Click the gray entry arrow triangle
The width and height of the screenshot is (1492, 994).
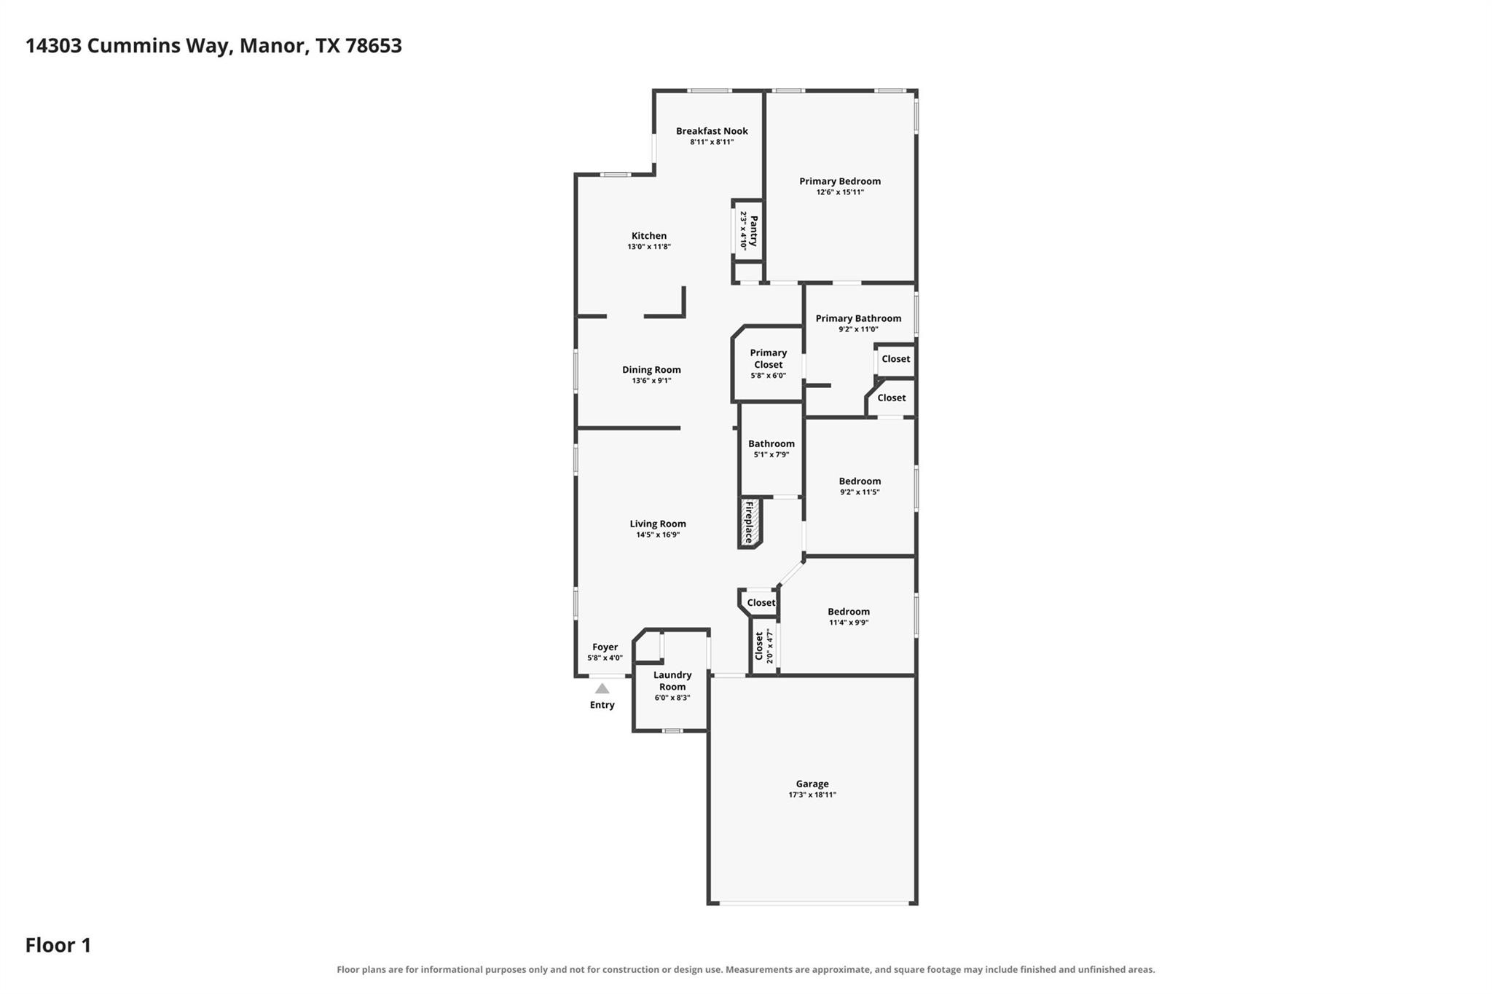pyautogui.click(x=602, y=688)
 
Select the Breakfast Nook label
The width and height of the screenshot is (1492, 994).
pyautogui.click(x=712, y=131)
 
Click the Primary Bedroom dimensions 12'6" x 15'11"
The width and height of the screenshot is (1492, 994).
pyautogui.click(x=840, y=192)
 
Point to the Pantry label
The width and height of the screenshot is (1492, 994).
pyautogui.click(x=754, y=230)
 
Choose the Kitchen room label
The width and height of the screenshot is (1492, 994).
pyautogui.click(x=648, y=236)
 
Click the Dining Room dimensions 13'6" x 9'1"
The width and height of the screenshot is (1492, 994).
pyautogui.click(x=651, y=381)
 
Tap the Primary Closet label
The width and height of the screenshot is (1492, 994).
pyautogui.click(x=769, y=359)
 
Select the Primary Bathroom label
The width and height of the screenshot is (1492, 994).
pyautogui.click(x=858, y=318)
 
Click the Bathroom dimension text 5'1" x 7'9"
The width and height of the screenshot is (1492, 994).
pyautogui.click(x=771, y=455)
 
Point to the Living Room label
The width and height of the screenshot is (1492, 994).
pyautogui.click(x=658, y=524)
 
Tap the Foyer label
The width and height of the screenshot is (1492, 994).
pyautogui.click(x=605, y=647)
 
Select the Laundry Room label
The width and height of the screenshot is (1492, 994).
pyautogui.click(x=672, y=681)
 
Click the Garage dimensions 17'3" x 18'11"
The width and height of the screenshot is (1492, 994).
pyautogui.click(x=812, y=794)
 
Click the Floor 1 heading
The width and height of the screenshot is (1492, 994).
pyautogui.click(x=58, y=945)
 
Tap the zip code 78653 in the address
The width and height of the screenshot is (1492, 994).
pyautogui.click(x=374, y=46)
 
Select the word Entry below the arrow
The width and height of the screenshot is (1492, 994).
pyautogui.click(x=602, y=705)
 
